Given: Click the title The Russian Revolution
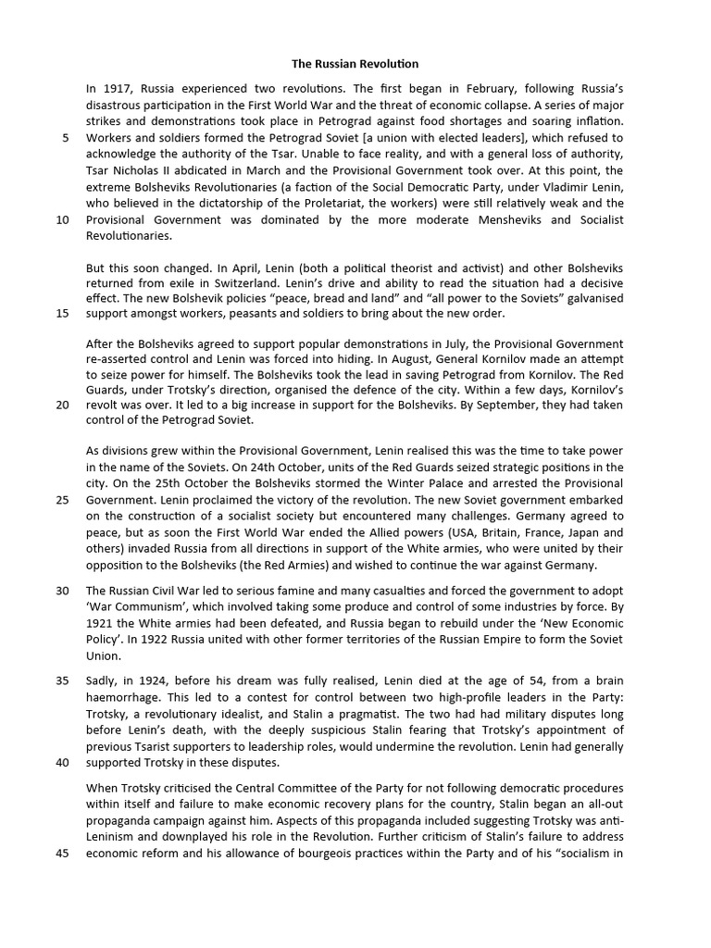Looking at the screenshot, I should [355, 64].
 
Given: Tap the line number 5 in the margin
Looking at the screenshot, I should [65, 138].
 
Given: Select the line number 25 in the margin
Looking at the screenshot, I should [62, 499].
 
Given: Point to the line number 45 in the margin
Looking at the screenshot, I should [62, 854].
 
